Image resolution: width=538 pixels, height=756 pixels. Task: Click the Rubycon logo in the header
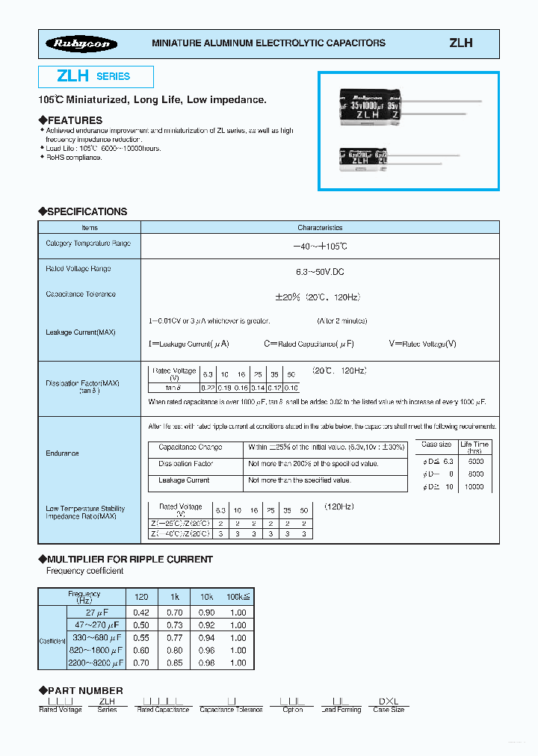(x=81, y=44)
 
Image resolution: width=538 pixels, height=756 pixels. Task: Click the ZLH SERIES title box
(x=96, y=76)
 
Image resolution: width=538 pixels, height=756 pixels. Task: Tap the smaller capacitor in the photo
(x=367, y=159)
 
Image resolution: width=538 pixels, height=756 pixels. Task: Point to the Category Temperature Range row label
(x=88, y=244)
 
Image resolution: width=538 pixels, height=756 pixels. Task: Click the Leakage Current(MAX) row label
(x=81, y=332)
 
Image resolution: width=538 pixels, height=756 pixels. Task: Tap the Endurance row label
(x=62, y=453)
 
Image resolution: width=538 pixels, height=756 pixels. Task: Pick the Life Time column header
(x=474, y=447)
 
